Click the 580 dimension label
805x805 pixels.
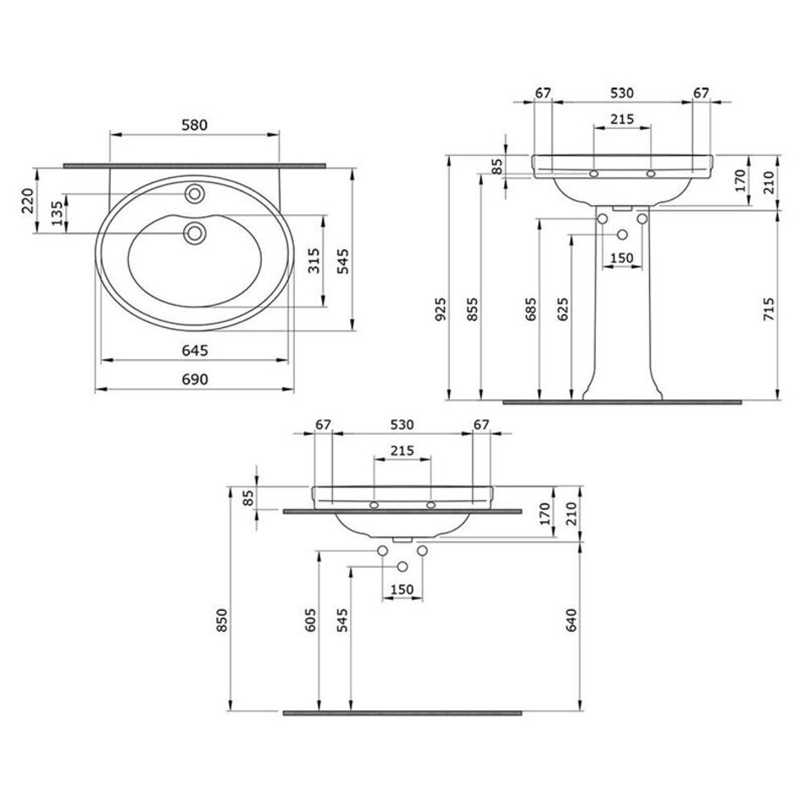click(x=195, y=125)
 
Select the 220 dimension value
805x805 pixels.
click(x=28, y=201)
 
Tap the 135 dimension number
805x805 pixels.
click(x=58, y=213)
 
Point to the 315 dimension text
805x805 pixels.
click(x=314, y=260)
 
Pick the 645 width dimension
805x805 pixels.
click(x=195, y=350)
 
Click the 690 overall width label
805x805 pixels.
click(x=195, y=379)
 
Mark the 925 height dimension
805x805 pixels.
click(x=441, y=308)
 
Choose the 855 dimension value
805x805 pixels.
click(x=472, y=308)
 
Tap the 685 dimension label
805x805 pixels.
click(x=530, y=308)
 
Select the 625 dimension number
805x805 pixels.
click(x=563, y=308)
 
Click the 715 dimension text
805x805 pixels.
click(x=769, y=309)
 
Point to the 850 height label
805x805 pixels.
click(x=222, y=619)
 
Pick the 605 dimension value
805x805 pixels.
click(x=311, y=619)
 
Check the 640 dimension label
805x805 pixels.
click(x=571, y=619)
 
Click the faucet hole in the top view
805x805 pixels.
click(x=195, y=193)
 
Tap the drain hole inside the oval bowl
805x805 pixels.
click(x=195, y=233)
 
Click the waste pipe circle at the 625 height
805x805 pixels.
click(x=622, y=235)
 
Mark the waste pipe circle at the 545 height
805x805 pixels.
click(x=402, y=566)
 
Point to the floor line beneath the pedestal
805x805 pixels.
click(x=622, y=402)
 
